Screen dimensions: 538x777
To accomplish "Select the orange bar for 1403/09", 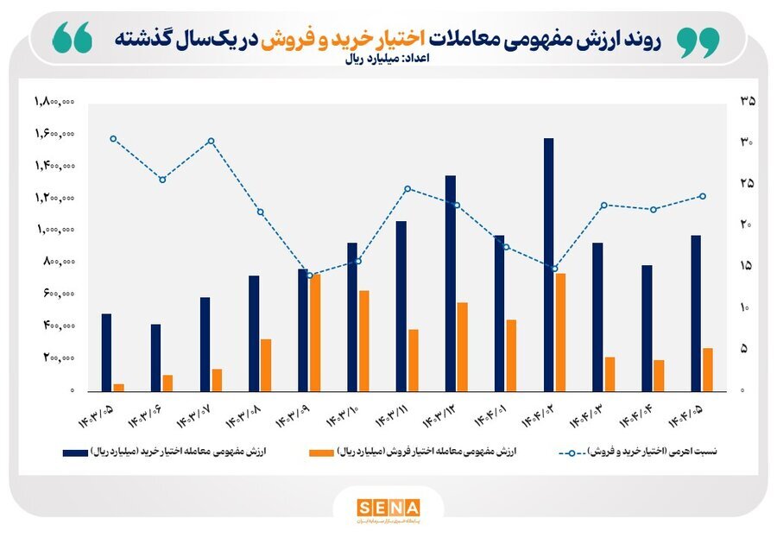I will [315, 332].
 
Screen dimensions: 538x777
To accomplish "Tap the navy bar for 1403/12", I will [450, 283].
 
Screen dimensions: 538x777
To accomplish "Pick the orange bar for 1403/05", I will [119, 387].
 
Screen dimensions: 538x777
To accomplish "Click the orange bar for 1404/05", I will [708, 370].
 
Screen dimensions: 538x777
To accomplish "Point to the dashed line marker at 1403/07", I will [211, 141].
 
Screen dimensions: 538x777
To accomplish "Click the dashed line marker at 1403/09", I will [310, 275].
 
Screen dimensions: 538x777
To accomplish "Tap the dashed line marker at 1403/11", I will [407, 189].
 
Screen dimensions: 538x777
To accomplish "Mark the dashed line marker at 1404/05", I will [703, 196].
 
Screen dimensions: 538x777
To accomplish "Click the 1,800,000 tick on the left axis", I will [55, 102].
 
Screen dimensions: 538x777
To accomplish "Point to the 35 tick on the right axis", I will [748, 102].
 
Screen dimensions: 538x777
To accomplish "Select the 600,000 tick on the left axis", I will [55, 294].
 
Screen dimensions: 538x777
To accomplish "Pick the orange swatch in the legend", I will [321, 452].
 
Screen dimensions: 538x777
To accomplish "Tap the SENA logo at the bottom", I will [388, 507].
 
